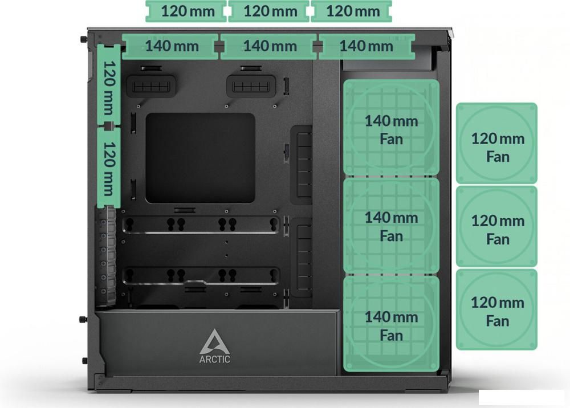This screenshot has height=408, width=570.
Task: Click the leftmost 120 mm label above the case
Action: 186,11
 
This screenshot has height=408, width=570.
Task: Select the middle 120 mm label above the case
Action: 268,11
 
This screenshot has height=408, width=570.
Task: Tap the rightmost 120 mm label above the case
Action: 351,11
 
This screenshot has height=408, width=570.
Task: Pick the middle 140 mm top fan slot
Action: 268,47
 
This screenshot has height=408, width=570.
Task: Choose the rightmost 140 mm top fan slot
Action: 367,47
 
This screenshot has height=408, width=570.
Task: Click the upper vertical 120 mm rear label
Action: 109,85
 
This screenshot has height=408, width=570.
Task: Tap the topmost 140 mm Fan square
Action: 392,128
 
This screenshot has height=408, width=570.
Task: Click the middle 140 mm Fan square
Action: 392,225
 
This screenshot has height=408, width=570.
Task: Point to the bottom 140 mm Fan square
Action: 392,324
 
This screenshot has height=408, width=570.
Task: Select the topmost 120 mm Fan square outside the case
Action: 496,143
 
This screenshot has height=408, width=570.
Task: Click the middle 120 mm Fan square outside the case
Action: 496,226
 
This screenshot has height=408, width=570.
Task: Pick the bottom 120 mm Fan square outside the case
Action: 496,309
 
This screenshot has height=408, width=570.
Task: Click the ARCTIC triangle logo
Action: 214,342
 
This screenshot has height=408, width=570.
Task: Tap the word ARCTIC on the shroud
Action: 214,360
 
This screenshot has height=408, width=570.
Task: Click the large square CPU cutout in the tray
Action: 200,158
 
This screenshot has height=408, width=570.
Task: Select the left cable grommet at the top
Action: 151,86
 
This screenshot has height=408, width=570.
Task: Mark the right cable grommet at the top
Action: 251,86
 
